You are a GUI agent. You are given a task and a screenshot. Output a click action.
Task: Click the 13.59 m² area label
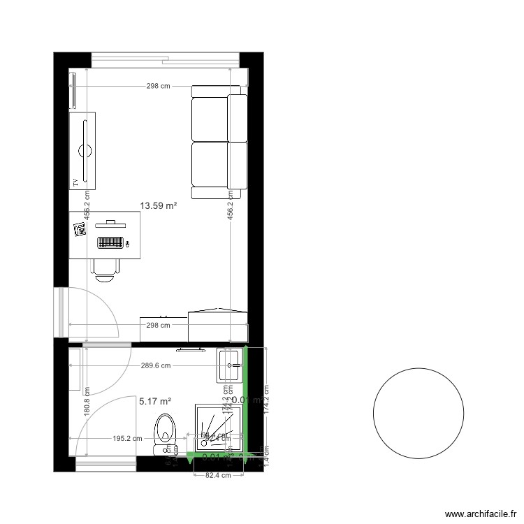click(x=159, y=205)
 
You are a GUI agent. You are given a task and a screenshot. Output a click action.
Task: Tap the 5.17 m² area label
click(x=155, y=401)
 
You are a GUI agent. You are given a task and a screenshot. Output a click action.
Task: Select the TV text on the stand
click(x=74, y=183)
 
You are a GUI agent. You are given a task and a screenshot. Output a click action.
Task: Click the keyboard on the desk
click(x=110, y=244)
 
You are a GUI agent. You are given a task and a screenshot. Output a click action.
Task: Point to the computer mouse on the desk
click(x=128, y=244)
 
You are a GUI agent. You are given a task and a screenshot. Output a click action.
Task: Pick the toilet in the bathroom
click(x=166, y=428)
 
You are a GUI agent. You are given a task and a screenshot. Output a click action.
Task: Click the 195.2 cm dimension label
click(x=128, y=439)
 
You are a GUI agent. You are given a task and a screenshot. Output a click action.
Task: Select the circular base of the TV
click(x=86, y=150)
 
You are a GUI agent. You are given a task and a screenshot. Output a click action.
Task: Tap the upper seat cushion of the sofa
click(x=210, y=119)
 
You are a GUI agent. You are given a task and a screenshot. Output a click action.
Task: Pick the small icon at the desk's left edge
click(x=79, y=229)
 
